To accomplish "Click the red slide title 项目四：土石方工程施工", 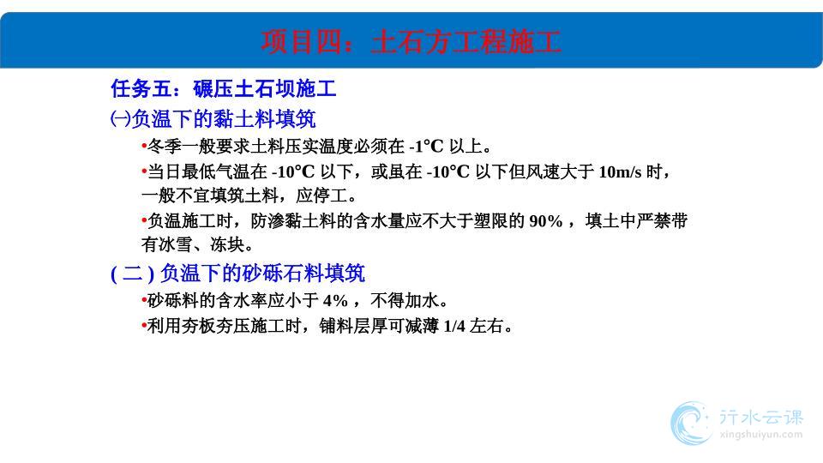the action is (x=411, y=42).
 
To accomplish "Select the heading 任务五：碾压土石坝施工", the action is (x=224, y=88).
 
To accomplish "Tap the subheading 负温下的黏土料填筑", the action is (x=224, y=118).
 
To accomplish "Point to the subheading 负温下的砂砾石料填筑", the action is (x=262, y=273).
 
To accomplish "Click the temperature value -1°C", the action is (x=426, y=146).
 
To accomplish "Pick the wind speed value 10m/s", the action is (x=620, y=171).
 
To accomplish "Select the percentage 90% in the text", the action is (x=546, y=221).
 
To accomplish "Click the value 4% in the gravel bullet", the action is (x=335, y=301).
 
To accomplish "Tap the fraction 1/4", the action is (x=454, y=326).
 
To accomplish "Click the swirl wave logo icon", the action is (x=691, y=423).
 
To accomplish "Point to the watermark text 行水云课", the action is (x=761, y=417).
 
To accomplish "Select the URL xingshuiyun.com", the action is (x=761, y=435).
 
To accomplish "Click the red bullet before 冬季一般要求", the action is (x=144, y=147).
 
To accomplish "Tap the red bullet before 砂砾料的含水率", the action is (x=144, y=301).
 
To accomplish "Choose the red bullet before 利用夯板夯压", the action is (x=144, y=326).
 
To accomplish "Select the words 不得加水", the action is (x=404, y=301).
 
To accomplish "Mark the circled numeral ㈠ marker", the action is (x=120, y=118).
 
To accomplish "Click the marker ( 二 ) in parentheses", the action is (x=132, y=274).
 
